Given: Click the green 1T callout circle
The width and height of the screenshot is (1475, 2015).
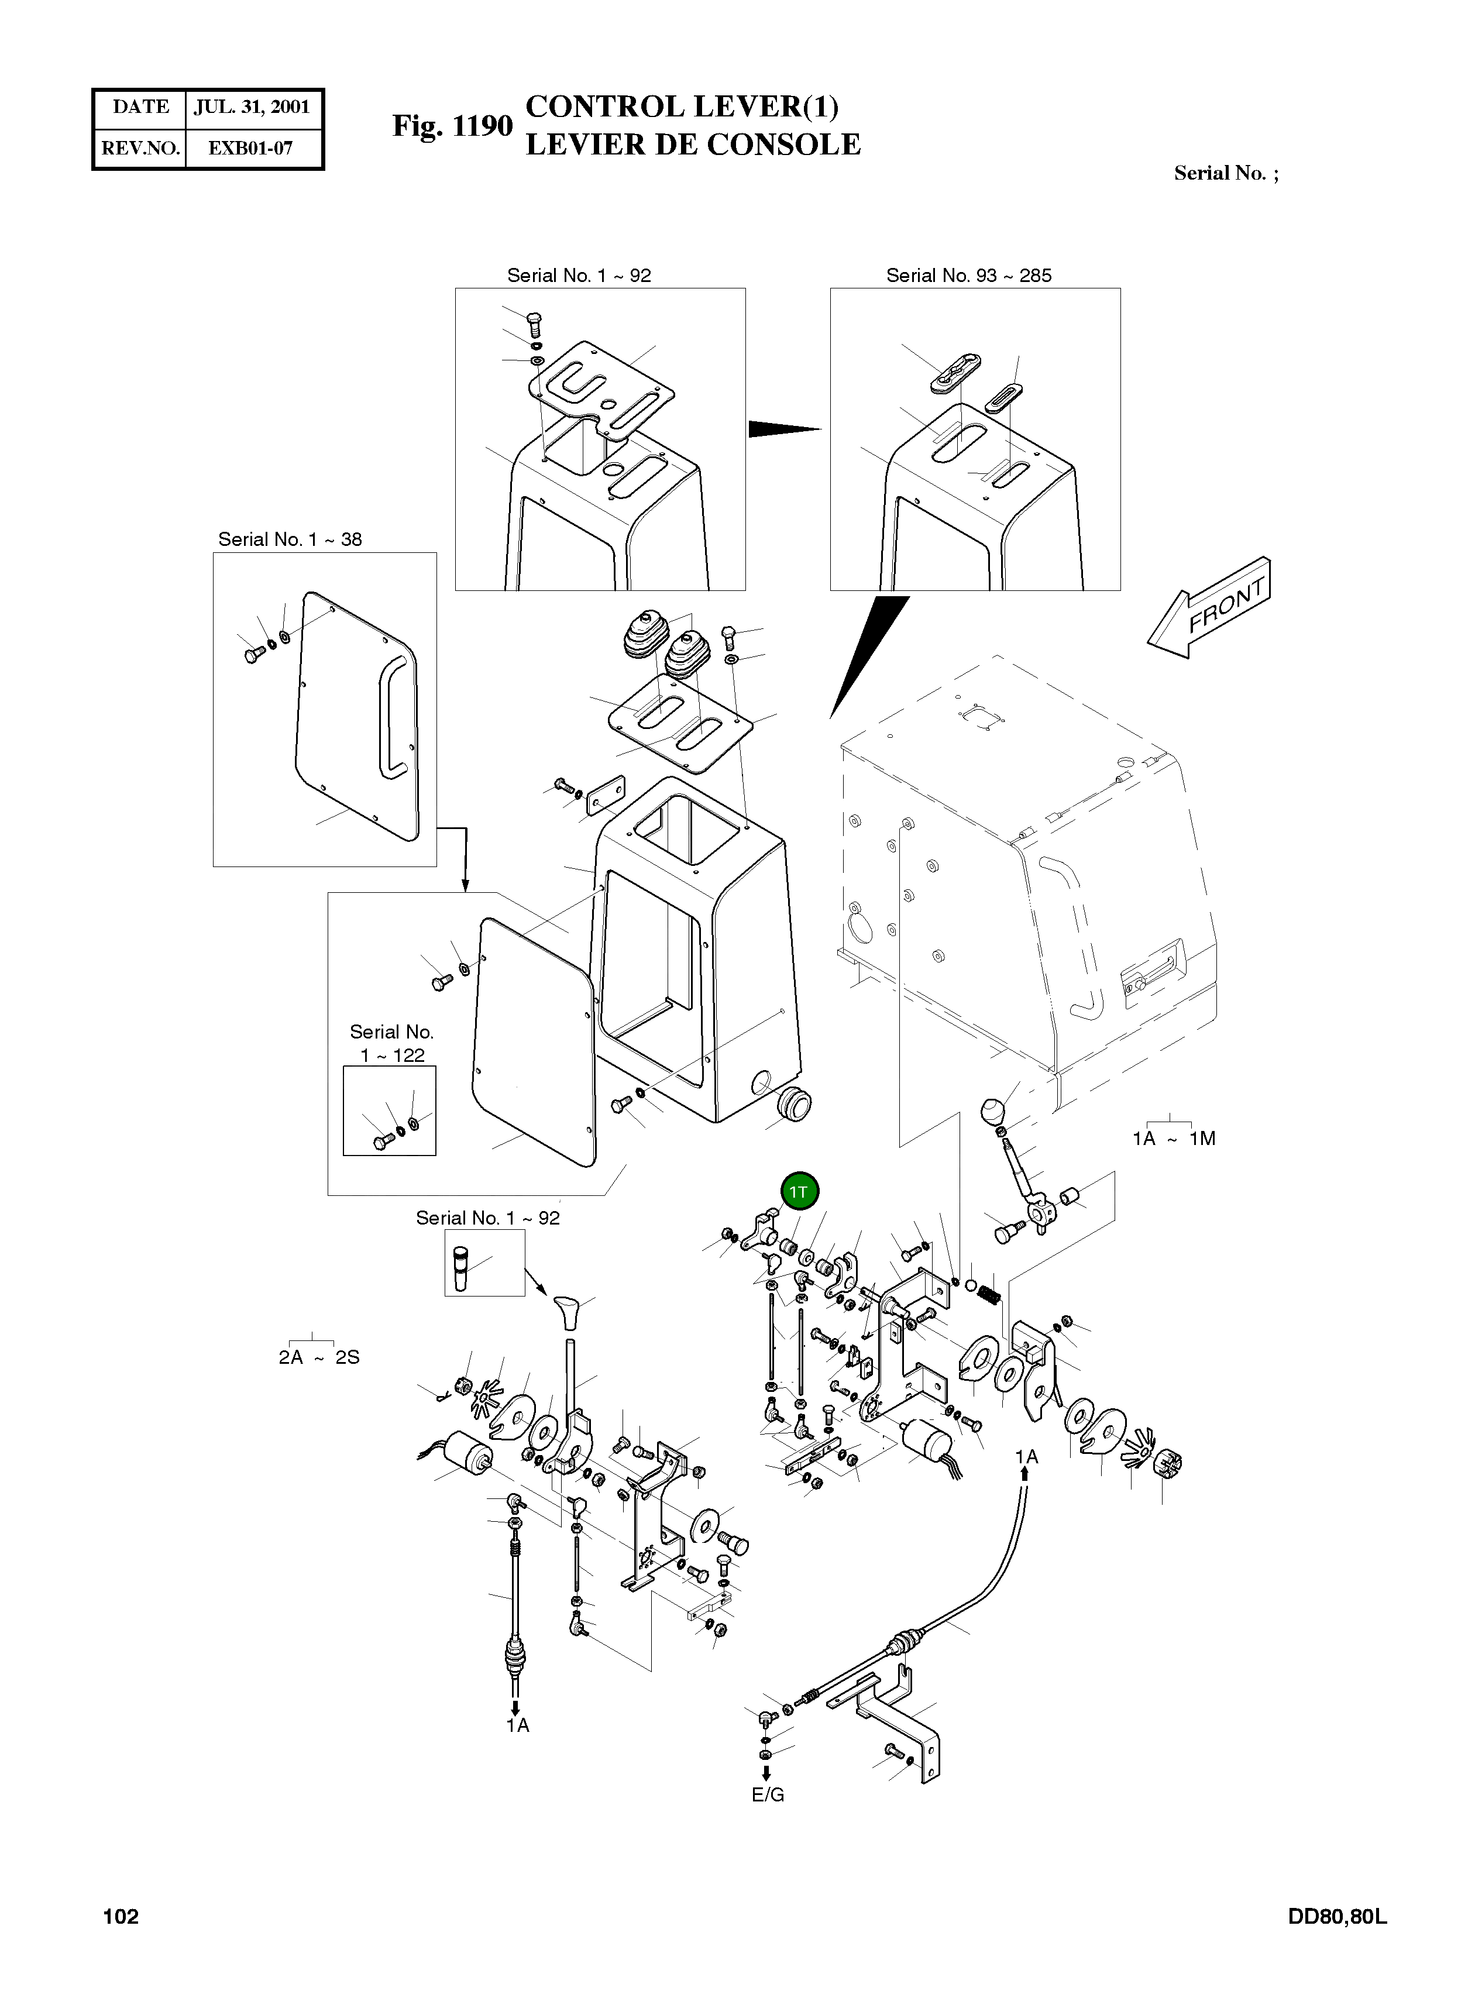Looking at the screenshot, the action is point(799,1191).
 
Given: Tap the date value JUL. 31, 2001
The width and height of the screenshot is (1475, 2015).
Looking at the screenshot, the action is point(252,107).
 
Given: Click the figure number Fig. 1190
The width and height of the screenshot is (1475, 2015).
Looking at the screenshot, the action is point(453,126).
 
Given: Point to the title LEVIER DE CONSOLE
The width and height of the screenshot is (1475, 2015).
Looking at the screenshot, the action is point(693,145).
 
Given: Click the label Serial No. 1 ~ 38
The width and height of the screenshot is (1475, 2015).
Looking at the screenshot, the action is point(290,539).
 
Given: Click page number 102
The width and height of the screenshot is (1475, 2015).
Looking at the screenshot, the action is point(122,1917).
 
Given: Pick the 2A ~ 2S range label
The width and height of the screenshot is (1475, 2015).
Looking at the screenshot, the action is point(319,1357).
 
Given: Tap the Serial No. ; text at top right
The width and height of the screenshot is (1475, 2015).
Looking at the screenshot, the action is point(1226,173).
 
